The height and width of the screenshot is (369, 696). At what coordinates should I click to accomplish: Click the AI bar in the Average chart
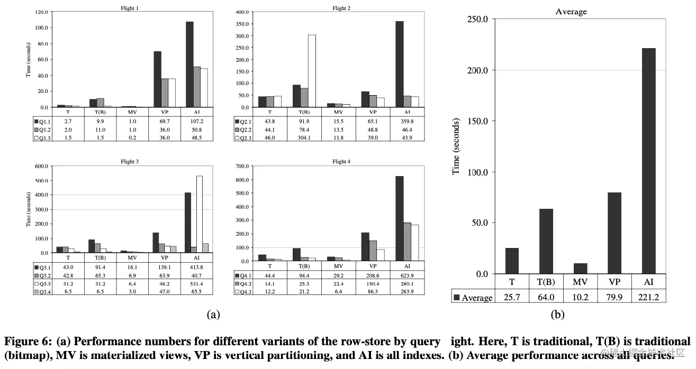[x=648, y=161]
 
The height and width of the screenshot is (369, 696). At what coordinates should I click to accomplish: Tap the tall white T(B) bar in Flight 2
[x=312, y=71]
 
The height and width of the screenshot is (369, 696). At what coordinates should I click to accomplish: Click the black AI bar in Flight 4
[x=399, y=218]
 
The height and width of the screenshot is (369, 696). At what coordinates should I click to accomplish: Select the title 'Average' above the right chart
[x=571, y=12]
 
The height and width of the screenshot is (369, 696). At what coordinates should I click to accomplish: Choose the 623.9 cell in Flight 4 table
[x=406, y=275]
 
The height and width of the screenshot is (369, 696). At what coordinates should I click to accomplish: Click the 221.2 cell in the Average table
[x=648, y=297]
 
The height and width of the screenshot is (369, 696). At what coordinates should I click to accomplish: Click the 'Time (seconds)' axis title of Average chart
[x=456, y=146]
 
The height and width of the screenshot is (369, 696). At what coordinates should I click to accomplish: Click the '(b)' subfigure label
[x=557, y=315]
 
